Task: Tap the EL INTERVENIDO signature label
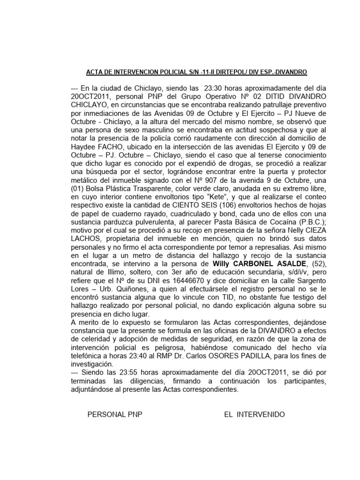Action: click(x=254, y=415)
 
